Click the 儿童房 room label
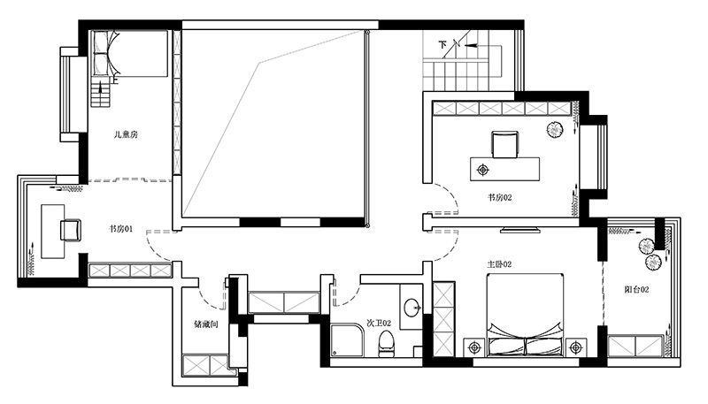click(126, 134)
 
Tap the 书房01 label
click(121, 229)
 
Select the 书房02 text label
click(500, 197)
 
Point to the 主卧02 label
click(499, 264)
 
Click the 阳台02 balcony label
click(636, 289)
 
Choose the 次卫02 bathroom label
click(379, 324)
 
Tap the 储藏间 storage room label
click(206, 324)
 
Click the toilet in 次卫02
click(386, 344)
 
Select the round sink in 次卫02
click(412, 308)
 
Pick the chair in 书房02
click(504, 144)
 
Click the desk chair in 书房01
click(71, 230)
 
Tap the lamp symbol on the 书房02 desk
click(483, 170)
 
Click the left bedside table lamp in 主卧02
click(474, 347)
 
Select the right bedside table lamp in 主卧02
click(576, 347)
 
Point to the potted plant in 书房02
click(555, 130)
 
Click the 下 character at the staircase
click(442, 44)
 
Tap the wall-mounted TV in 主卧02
click(520, 231)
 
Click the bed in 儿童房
click(130, 53)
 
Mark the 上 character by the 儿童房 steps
click(114, 80)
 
